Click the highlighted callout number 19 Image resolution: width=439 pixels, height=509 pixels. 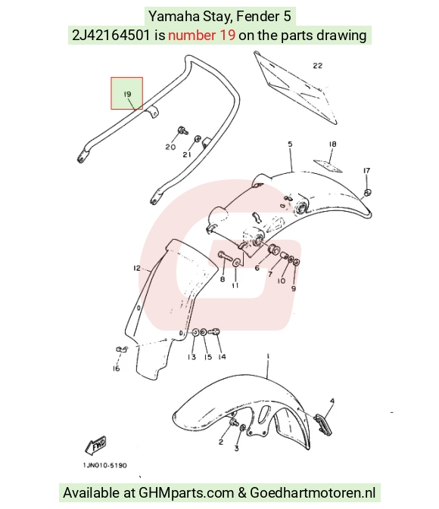click(127, 94)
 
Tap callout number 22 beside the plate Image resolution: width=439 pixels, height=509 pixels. click(317, 66)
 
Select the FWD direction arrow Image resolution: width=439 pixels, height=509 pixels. click(95, 445)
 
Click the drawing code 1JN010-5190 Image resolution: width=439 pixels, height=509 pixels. click(104, 465)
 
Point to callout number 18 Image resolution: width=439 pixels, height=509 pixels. click(332, 144)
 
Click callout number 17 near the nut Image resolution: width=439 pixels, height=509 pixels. click(366, 170)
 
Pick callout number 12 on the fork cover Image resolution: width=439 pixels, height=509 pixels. click(137, 268)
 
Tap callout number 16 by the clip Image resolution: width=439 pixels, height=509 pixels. click(116, 368)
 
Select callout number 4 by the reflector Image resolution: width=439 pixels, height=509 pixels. click(332, 402)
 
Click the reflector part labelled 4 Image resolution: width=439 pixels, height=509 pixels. click(323, 424)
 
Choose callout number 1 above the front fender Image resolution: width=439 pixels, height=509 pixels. click(268, 356)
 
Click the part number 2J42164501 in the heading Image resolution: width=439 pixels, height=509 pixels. click(111, 35)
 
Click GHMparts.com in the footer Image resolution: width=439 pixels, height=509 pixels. click(186, 493)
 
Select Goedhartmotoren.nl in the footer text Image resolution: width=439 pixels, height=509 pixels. click(313, 493)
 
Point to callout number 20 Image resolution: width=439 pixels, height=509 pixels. click(170, 147)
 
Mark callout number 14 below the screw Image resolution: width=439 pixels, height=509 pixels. click(222, 357)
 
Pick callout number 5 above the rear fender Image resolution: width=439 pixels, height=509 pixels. click(290, 144)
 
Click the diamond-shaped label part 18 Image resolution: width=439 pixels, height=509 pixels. click(328, 165)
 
